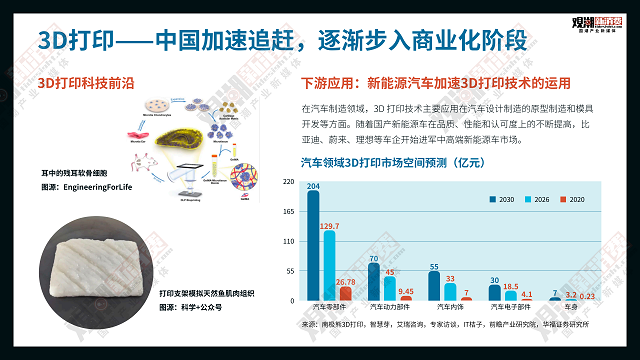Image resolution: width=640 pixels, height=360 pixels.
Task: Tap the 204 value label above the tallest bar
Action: tap(313, 186)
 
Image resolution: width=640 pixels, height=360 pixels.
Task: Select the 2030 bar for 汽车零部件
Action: tap(314, 246)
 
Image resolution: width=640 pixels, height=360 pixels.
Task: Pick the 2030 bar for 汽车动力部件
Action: tap(374, 282)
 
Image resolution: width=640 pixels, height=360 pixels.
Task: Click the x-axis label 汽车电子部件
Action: tap(508, 307)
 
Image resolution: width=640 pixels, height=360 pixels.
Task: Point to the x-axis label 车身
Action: tap(569, 307)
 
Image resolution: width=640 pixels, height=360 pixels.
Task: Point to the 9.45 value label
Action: tap(406, 291)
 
